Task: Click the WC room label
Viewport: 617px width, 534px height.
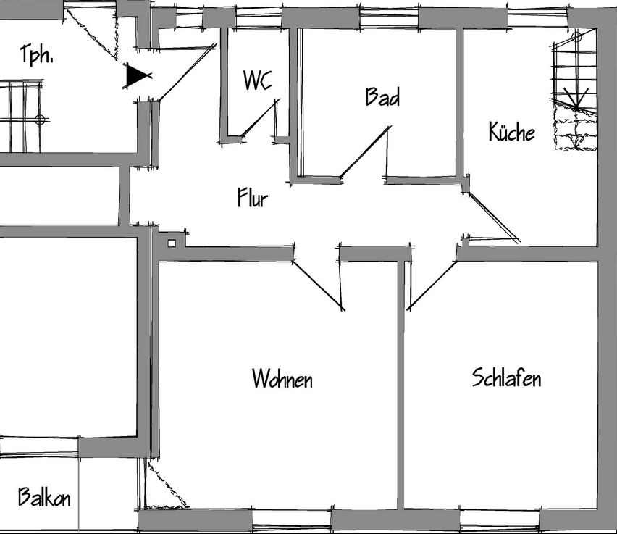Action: (257, 80)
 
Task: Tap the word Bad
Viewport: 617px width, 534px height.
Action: (382, 96)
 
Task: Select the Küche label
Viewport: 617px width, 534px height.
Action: (511, 131)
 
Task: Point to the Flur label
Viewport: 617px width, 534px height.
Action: (253, 197)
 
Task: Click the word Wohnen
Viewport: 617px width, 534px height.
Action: (282, 378)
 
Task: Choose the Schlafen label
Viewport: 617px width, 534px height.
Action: (506, 377)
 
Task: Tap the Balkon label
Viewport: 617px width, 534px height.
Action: (44, 497)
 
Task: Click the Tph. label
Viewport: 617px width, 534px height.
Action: (37, 54)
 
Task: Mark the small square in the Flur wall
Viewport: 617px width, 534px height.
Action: (172, 243)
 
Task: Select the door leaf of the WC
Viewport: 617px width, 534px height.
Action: (260, 118)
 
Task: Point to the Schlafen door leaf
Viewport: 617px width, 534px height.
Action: (433, 285)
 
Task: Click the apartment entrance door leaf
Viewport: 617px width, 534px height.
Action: (188, 72)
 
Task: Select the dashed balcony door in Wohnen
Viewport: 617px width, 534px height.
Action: (167, 485)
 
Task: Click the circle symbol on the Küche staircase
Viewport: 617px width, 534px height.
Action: (576, 38)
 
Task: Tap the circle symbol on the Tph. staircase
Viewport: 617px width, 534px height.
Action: (40, 120)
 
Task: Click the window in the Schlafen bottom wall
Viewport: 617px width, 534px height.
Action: (500, 520)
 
